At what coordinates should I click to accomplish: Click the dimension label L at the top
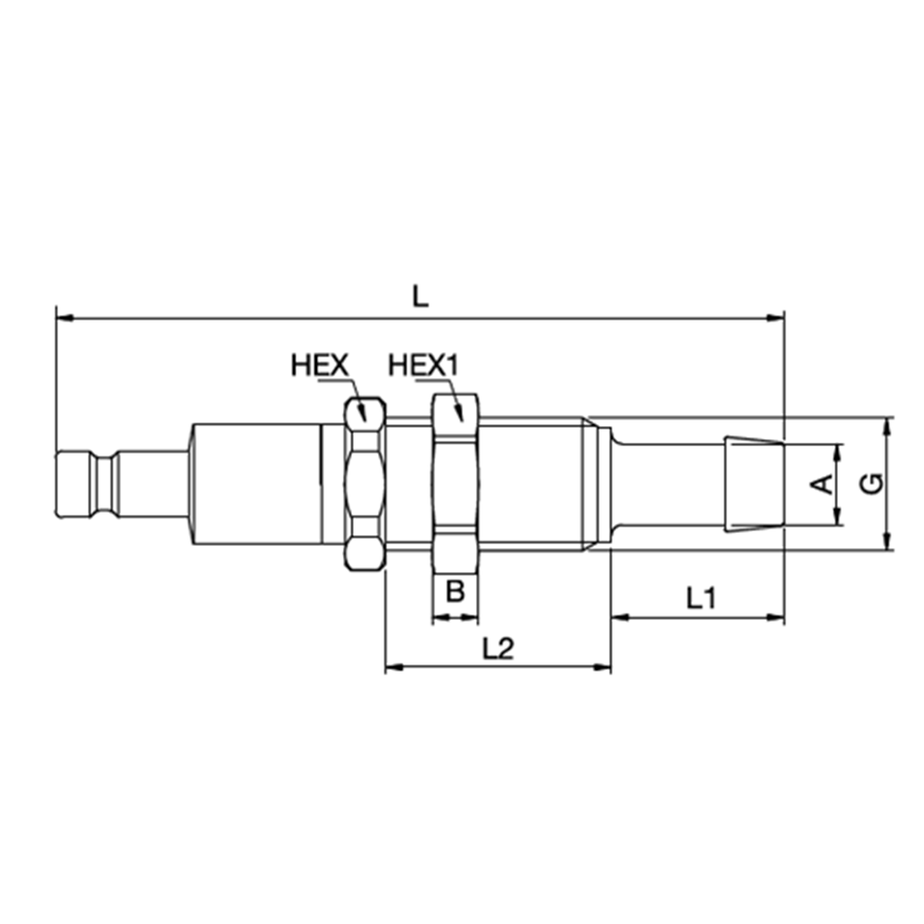(x=419, y=296)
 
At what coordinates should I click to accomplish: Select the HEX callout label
(x=319, y=365)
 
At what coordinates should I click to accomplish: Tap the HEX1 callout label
(x=424, y=365)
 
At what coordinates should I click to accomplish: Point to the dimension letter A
(x=821, y=483)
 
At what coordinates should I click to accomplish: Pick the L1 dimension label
(x=702, y=598)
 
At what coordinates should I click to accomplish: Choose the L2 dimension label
(x=498, y=649)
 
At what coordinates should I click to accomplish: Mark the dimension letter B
(x=456, y=591)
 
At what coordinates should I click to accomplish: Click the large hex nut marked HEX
(x=364, y=482)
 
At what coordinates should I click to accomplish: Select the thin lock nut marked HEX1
(x=456, y=482)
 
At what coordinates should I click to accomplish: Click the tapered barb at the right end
(x=752, y=484)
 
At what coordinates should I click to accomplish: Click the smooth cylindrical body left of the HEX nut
(x=254, y=482)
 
